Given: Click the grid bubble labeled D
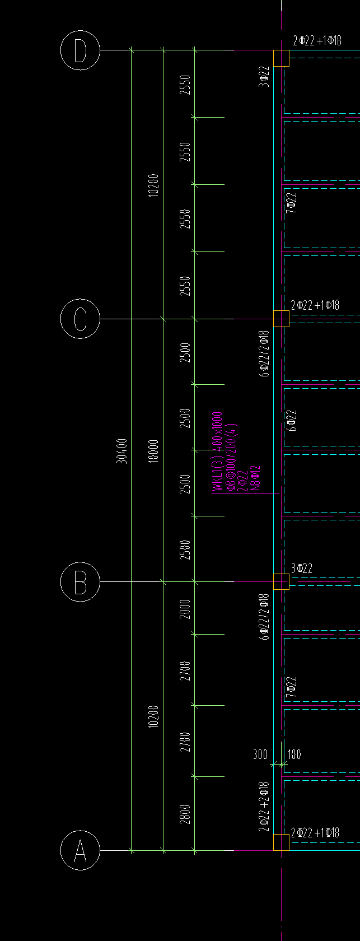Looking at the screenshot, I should tap(80, 50).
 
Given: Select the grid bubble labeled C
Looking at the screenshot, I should tap(80, 319).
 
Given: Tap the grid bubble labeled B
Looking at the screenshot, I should tap(80, 582).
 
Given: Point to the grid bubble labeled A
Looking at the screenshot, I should tap(80, 850).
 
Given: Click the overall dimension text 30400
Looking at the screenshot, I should tap(121, 451).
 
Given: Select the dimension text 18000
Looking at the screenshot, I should tap(153, 451).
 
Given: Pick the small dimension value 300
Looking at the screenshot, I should tap(260, 754).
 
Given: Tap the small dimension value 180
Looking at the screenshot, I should tap(294, 754).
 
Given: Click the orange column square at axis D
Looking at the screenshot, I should tap(281, 58).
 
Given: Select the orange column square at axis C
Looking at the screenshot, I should tap(281, 319).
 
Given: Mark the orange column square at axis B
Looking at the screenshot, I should tap(281, 582).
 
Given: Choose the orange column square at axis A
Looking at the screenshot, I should tap(281, 842).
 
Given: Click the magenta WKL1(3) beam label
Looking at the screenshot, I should tap(217, 453).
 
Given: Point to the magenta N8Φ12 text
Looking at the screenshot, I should tap(256, 478).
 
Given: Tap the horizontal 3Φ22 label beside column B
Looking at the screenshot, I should tap(302, 569).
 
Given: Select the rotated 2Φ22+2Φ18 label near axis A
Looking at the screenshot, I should tap(264, 807).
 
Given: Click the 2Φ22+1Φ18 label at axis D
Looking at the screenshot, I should tap(317, 40).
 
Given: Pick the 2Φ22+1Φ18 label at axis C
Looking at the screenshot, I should tap(315, 305).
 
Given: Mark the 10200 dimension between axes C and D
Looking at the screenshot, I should tap(153, 185).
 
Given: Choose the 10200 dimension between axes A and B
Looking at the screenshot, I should tap(153, 716).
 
